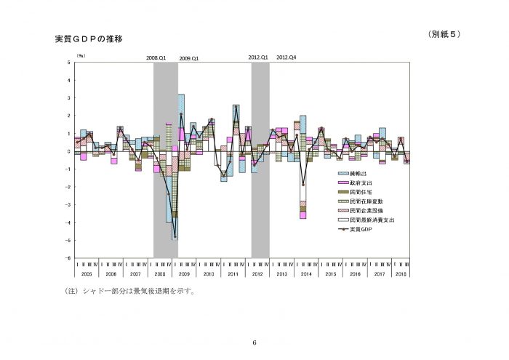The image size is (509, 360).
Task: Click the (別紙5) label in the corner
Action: click(443, 34)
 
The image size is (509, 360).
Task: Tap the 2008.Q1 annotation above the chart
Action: click(156, 57)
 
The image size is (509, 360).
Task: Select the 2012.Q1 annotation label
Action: click(259, 57)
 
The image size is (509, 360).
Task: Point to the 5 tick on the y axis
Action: click(68, 62)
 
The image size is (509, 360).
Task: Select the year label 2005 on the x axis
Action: click(86, 273)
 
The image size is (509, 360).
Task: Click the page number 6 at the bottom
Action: click(254, 343)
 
